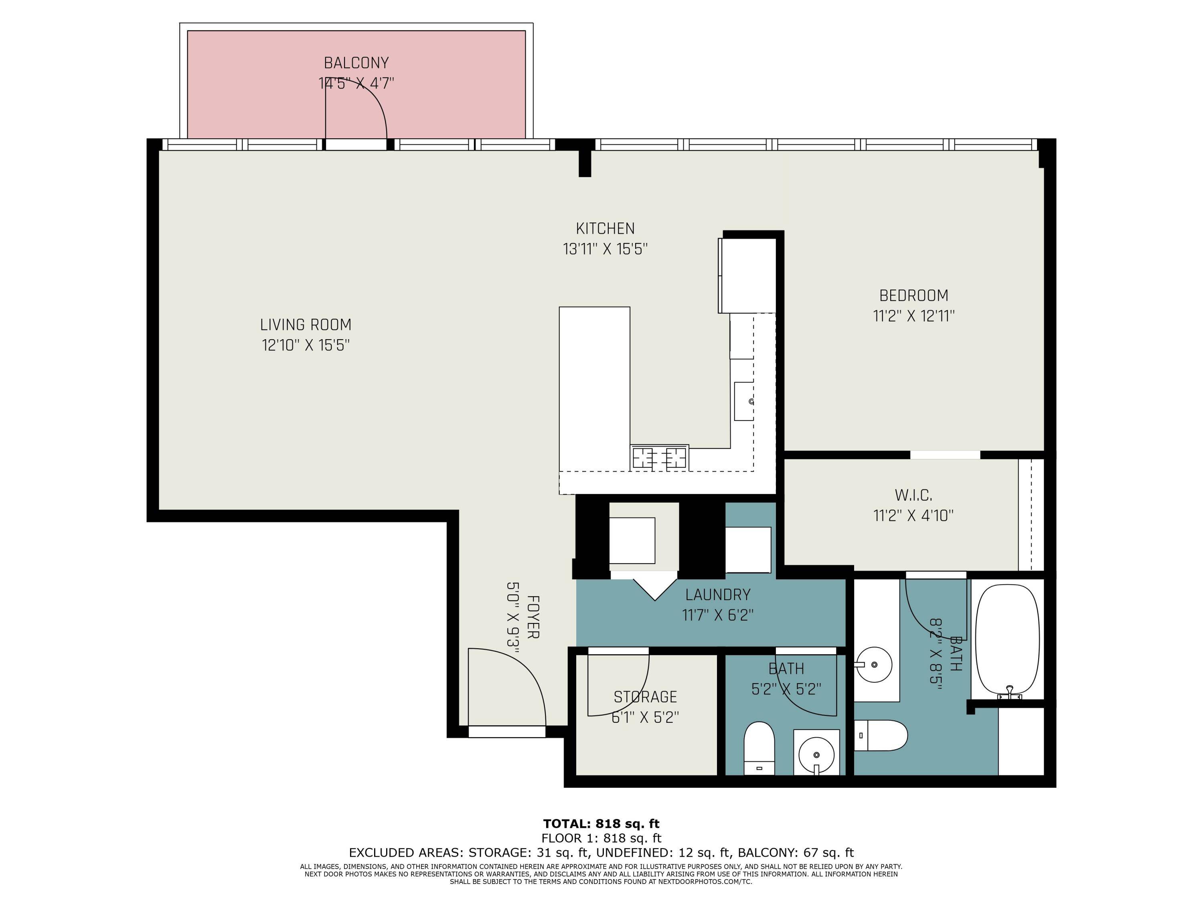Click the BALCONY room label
tap(356, 63)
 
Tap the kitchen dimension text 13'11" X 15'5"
tap(605, 249)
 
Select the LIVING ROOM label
tap(306, 325)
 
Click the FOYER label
tap(533, 617)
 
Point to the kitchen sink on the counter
tap(743, 401)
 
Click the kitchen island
tap(594, 389)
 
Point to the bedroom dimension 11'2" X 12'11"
tap(913, 316)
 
